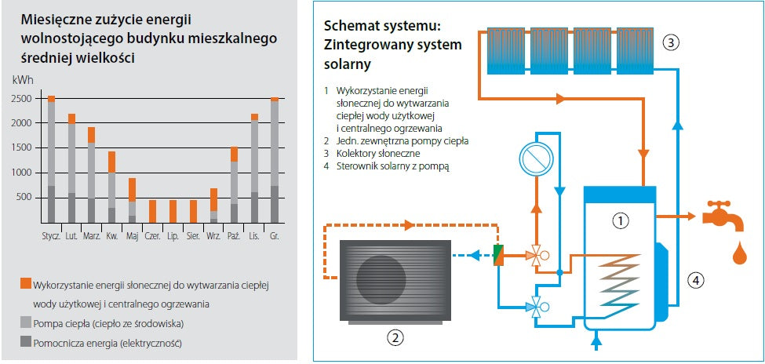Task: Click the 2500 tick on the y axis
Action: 22,99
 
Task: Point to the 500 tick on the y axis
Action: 24,197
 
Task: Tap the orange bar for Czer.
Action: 152,211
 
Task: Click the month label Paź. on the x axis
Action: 233,235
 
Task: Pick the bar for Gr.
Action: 275,160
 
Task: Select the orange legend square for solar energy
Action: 25,283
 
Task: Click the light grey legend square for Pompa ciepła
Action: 25,322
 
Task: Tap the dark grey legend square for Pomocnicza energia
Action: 25,342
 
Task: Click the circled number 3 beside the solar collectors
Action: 669,42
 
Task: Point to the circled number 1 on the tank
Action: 621,221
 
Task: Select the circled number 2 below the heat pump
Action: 395,338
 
